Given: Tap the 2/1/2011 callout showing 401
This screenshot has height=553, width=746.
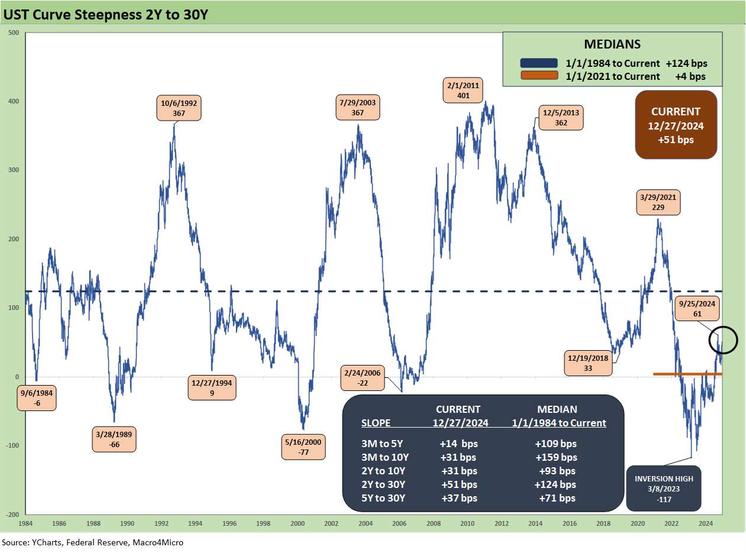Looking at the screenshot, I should [x=463, y=90].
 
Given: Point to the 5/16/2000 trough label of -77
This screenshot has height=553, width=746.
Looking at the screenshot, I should [x=303, y=447].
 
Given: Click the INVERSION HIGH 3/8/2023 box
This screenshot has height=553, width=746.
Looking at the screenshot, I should [x=663, y=489].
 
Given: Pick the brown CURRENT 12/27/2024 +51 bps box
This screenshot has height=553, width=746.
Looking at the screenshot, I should [x=676, y=125].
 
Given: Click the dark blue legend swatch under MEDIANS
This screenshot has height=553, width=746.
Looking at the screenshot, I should [x=538, y=63].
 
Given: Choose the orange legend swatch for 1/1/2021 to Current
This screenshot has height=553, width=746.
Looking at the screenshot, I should [x=538, y=76].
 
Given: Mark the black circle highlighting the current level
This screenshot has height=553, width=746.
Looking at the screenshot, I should [x=723, y=340].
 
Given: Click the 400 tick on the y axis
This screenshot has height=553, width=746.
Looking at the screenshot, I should [x=13, y=101].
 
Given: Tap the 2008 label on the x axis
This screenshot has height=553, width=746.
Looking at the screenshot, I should [x=434, y=523].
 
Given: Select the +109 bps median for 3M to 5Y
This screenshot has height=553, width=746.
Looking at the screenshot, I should [x=556, y=444].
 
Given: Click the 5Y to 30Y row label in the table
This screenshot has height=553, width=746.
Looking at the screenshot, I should [x=383, y=498].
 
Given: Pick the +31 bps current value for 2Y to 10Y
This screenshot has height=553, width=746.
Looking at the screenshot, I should [x=458, y=471].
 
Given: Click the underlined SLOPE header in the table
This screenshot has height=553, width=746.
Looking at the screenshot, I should [x=376, y=423].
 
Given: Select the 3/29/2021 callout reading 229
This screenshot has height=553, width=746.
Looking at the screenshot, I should [x=658, y=202].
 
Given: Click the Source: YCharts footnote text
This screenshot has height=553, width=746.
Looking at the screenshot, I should [x=92, y=542].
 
